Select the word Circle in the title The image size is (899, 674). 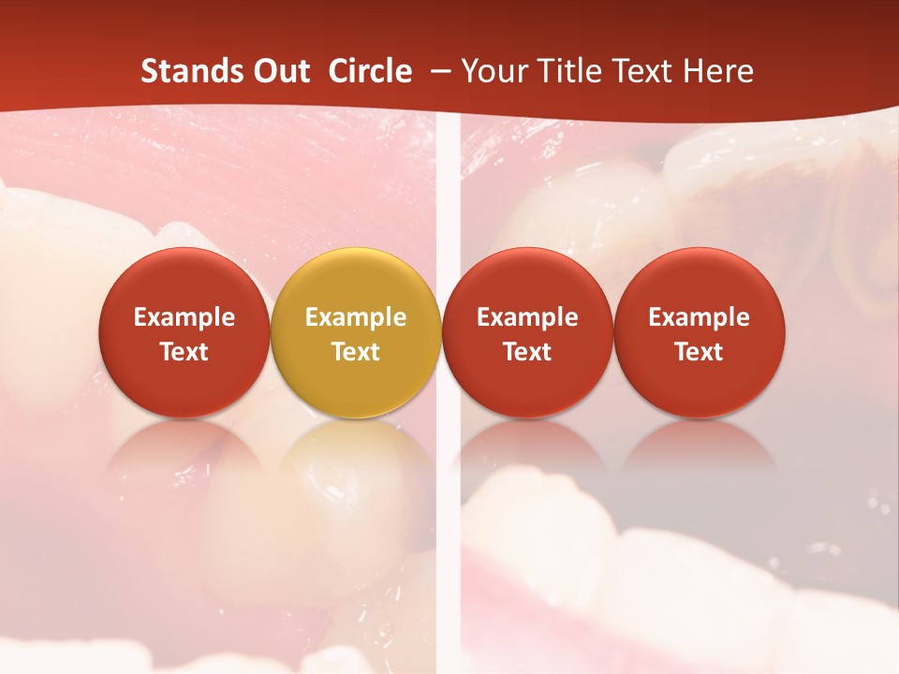pyautogui.click(x=370, y=71)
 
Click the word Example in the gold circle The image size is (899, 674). pyautogui.click(x=356, y=317)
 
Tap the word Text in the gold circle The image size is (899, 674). pyautogui.click(x=356, y=352)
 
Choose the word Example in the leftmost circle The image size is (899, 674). pyautogui.click(x=184, y=317)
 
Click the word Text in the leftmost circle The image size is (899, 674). pyautogui.click(x=184, y=352)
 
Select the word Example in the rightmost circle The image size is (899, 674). pyautogui.click(x=700, y=317)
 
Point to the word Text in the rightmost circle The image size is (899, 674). pyautogui.click(x=700, y=352)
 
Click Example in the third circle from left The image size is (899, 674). pyautogui.click(x=527, y=317)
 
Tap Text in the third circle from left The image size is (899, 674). pyautogui.click(x=527, y=352)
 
